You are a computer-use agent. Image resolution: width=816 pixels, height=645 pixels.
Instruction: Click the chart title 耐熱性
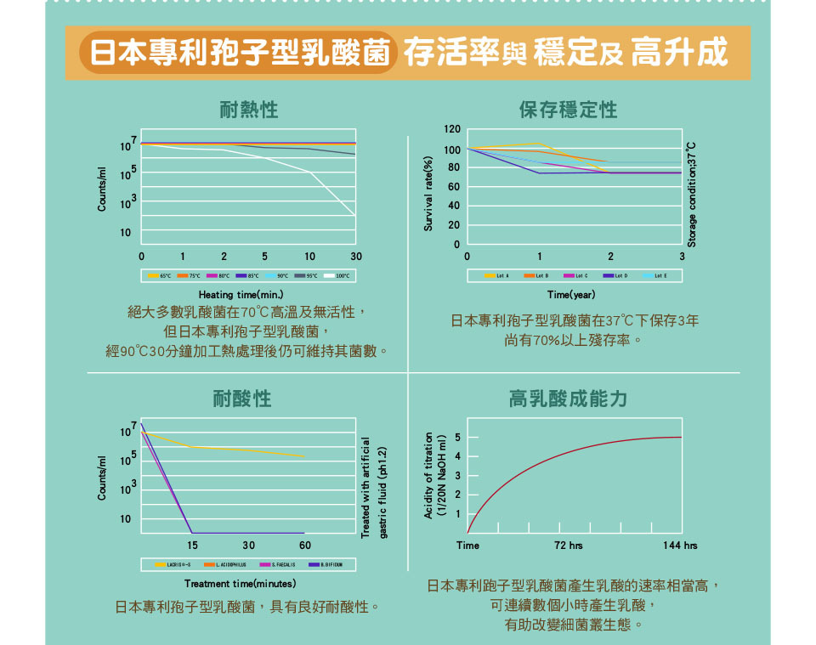coord(248,110)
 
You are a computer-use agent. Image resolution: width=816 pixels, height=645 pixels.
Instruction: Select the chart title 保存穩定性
coord(568,110)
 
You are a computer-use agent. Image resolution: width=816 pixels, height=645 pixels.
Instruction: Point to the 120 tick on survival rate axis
coord(452,129)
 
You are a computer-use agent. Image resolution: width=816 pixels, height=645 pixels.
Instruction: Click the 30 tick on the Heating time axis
coord(355,256)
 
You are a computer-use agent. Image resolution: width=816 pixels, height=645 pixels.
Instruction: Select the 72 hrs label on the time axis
coord(569,545)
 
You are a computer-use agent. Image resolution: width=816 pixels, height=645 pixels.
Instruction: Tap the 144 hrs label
coord(680,545)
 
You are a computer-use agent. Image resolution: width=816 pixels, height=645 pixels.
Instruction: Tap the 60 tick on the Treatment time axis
coord(305,544)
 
